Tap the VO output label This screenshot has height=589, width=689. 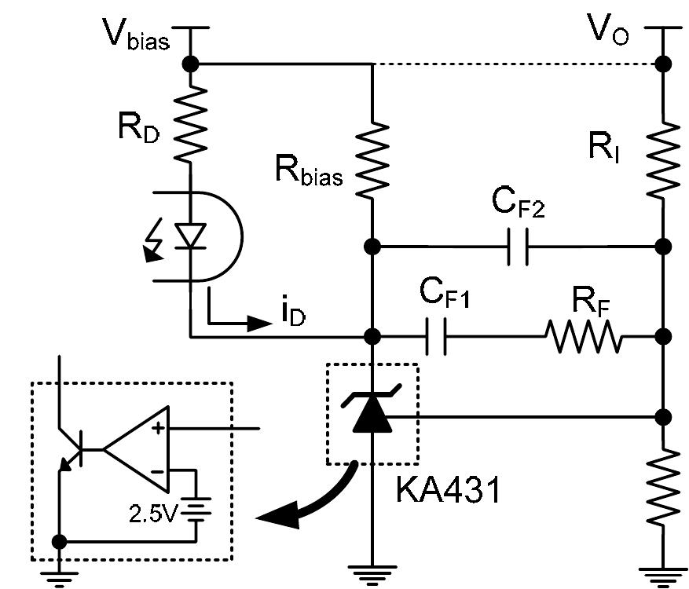click(x=608, y=34)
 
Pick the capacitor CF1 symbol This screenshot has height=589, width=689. click(x=435, y=337)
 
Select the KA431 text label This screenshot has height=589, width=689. click(x=447, y=491)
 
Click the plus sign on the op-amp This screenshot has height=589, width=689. click(x=158, y=429)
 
